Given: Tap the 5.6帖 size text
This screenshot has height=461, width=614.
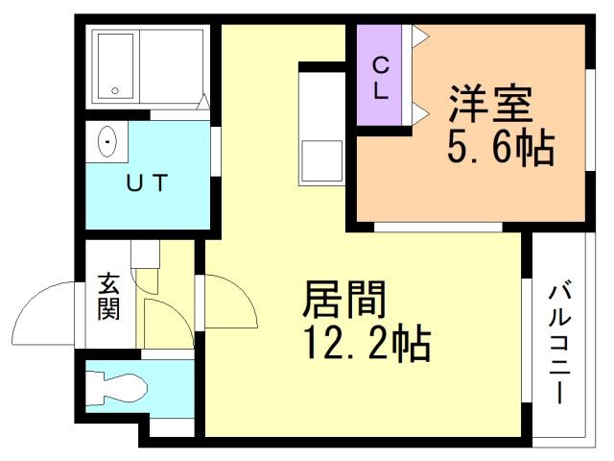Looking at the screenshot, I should point(499,148).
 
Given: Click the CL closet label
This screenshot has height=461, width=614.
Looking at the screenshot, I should point(380,79).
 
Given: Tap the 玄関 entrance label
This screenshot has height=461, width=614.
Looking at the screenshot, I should point(108,298).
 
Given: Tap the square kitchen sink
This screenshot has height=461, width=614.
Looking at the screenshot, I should point(321,159).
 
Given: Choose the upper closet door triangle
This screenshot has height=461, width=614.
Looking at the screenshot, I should point(419,36).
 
